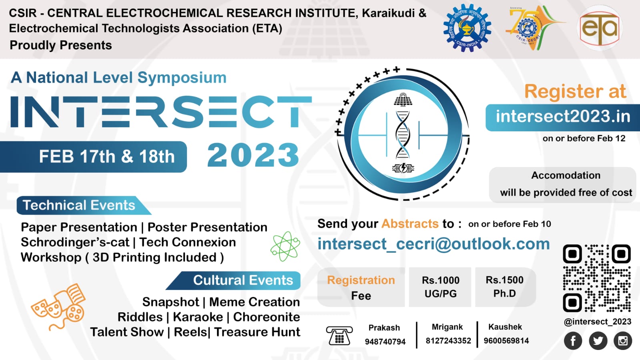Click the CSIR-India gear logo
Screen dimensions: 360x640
pyautogui.click(x=467, y=28)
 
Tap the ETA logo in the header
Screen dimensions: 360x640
pyautogui.click(x=599, y=28)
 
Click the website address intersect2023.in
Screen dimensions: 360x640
pyautogui.click(x=563, y=117)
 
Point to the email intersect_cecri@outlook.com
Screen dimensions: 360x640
pyautogui.click(x=433, y=244)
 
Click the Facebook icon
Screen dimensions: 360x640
pyautogui.click(x=573, y=341)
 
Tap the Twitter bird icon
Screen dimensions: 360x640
pyautogui.click(x=598, y=341)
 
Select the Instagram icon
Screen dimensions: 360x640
pyautogui.click(x=623, y=341)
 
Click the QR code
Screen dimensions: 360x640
pyautogui.click(x=597, y=278)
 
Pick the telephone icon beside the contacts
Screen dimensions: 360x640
pyautogui.click(x=339, y=336)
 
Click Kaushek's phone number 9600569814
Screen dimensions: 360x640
pyautogui.click(x=506, y=341)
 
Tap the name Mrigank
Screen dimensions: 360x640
pyautogui.click(x=447, y=327)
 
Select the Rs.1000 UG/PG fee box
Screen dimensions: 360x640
pyautogui.click(x=440, y=287)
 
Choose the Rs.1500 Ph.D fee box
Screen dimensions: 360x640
pyautogui.click(x=504, y=287)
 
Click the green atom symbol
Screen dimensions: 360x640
pyautogui.click(x=285, y=246)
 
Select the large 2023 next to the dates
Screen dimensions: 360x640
pyautogui.click(x=253, y=155)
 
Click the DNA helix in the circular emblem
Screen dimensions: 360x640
pyautogui.click(x=403, y=134)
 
